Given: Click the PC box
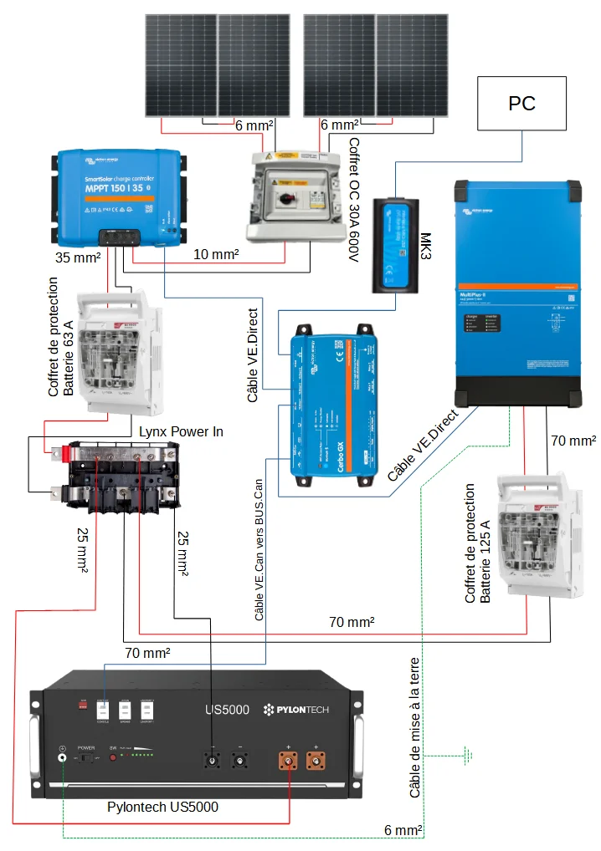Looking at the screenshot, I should click(521, 104).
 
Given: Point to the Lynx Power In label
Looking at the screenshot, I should click(181, 431).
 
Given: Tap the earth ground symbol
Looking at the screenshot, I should click(468, 757).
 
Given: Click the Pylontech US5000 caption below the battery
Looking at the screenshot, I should click(162, 807).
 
